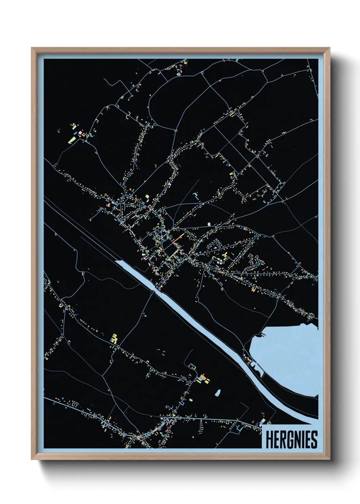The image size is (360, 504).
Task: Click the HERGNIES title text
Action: [x=291, y=440]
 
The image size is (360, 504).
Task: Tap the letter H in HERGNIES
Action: [x=269, y=440]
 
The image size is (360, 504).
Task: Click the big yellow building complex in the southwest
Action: [x=114, y=338]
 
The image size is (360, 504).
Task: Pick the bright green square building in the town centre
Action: [x=147, y=196]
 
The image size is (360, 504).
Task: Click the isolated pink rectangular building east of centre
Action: [x=209, y=223]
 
